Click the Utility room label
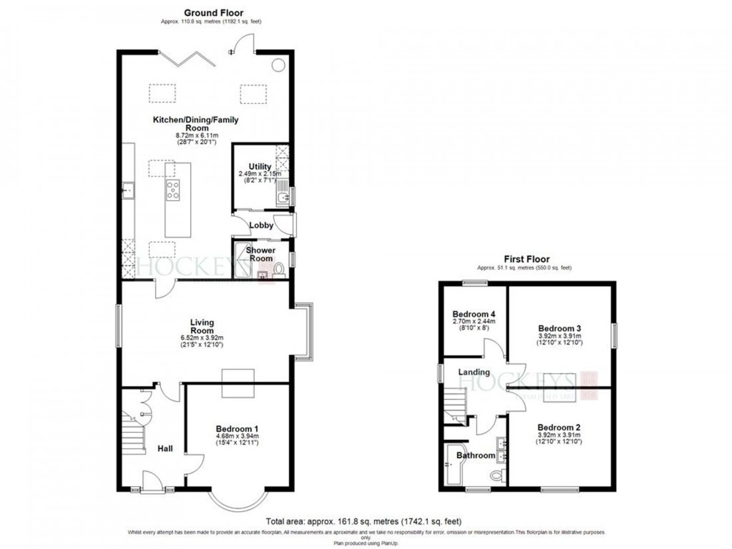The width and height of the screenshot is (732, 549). coord(260,166)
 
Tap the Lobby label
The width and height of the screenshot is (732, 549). coord(261,226)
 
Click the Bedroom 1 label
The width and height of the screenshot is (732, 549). coord(238,429)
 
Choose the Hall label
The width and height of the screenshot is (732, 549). coord(165,449)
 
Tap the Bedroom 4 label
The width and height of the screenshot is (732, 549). coord(474,314)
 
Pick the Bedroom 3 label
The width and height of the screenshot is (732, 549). coord(560,328)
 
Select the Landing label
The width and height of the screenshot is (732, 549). coord(474,372)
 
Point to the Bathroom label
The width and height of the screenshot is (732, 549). coord(476,456)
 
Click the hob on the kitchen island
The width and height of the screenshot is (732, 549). coord(172,190)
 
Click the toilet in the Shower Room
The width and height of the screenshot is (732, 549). coord(279,269)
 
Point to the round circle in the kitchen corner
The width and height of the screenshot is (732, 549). coord(278,65)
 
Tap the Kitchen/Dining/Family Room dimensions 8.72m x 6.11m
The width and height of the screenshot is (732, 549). coord(196,134)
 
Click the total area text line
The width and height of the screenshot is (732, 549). coord(363,521)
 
